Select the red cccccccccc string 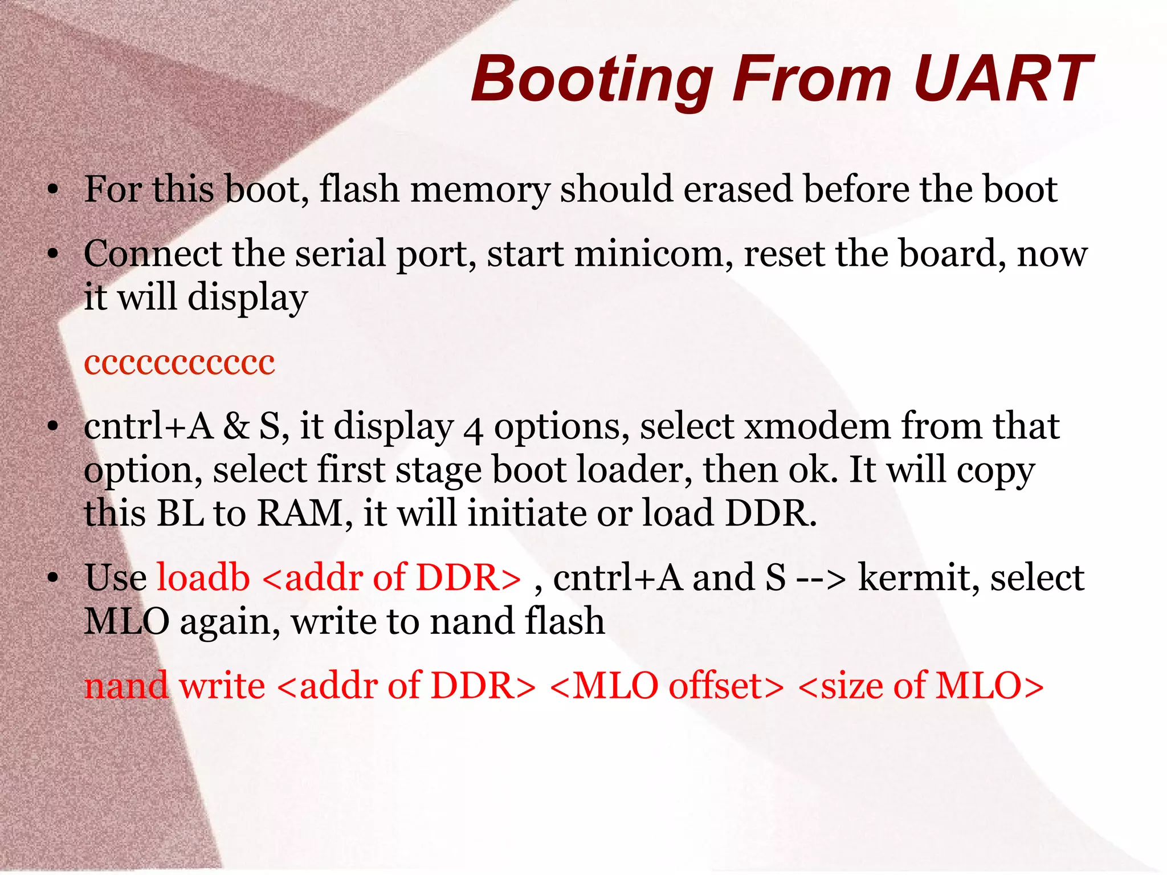pyautogui.click(x=179, y=363)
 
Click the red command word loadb pyautogui.click(x=203, y=577)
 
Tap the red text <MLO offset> pyautogui.click(x=667, y=686)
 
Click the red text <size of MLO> pyautogui.click(x=921, y=686)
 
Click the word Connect pyautogui.click(x=152, y=254)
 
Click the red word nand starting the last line pyautogui.click(x=126, y=686)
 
